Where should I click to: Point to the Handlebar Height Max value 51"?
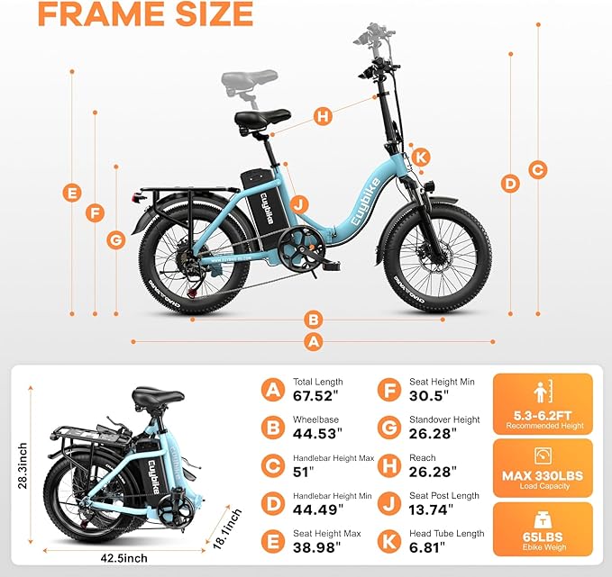click(x=305, y=473)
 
